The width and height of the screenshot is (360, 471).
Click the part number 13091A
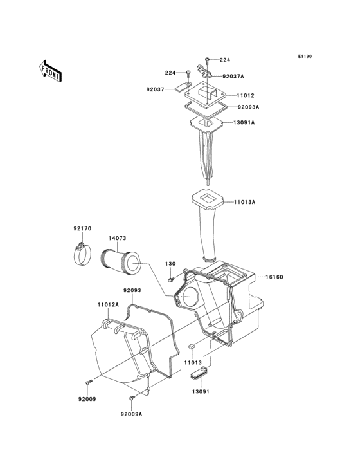click(244, 122)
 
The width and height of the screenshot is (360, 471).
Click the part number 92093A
click(249, 107)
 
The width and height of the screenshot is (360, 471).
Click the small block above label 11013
click(191, 347)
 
